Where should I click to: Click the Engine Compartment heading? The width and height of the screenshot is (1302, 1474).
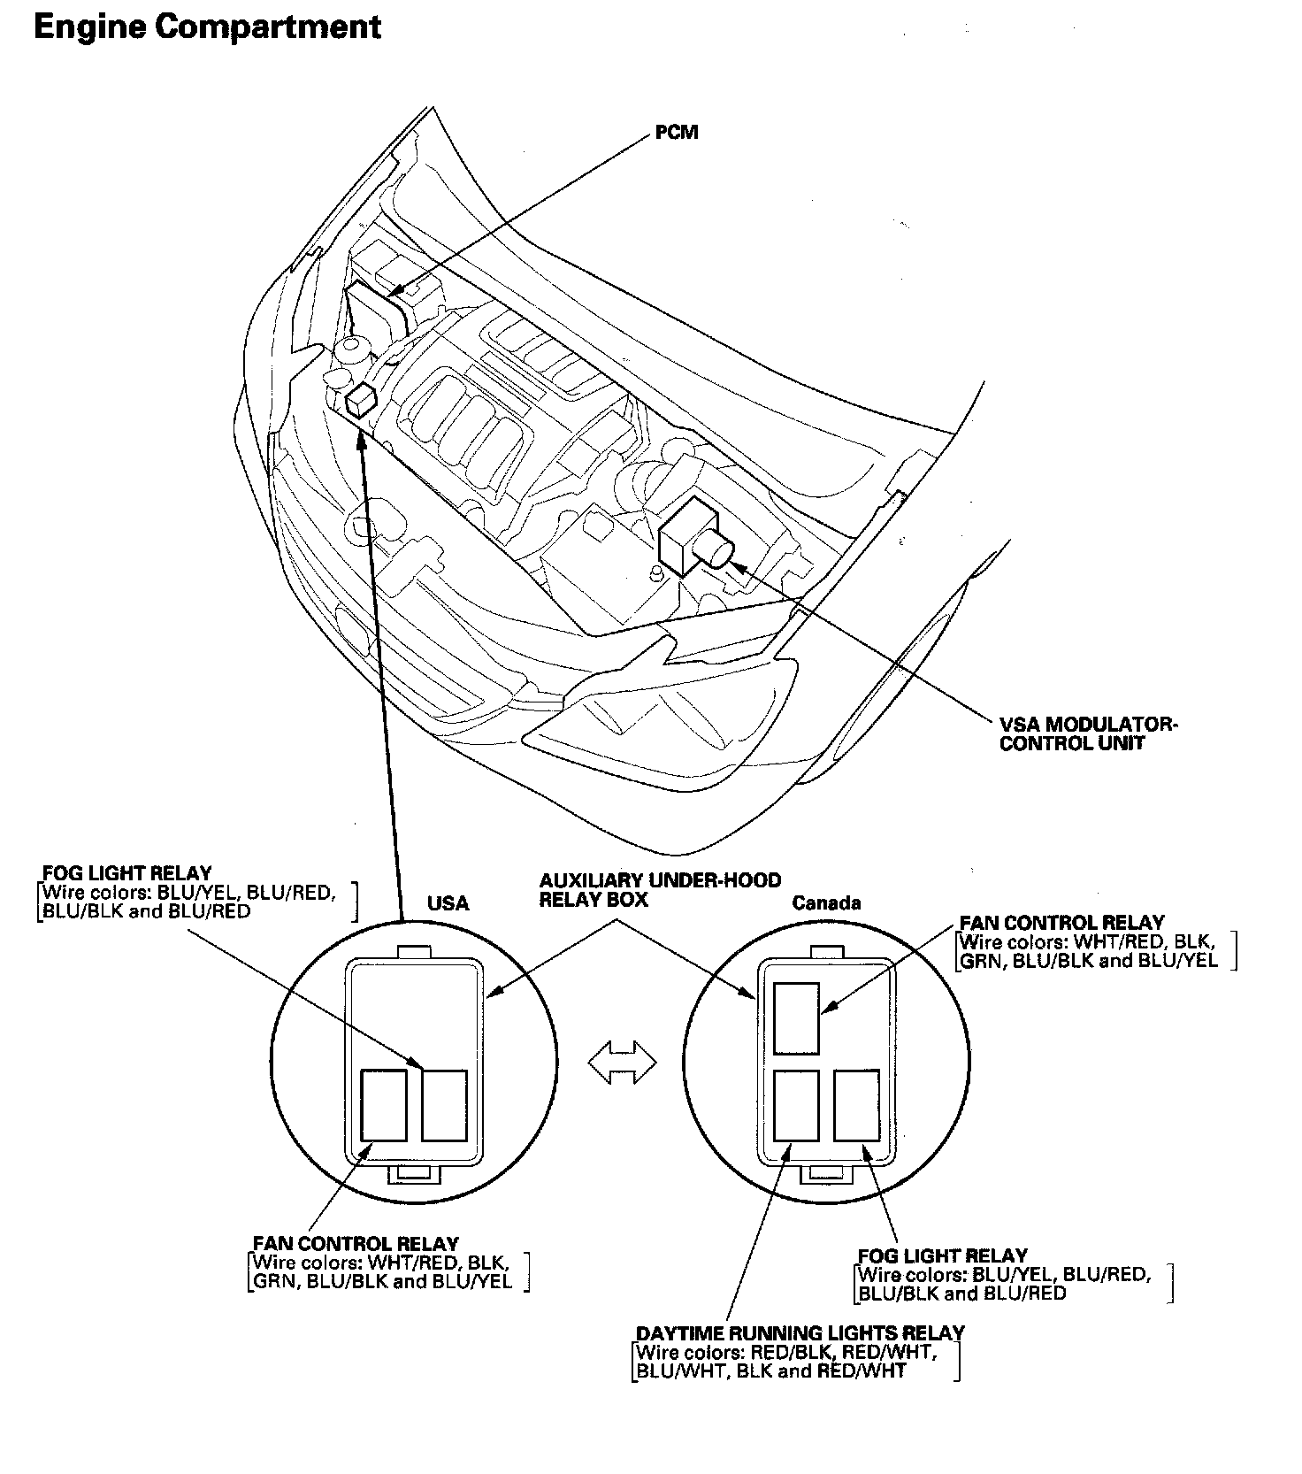[x=207, y=27]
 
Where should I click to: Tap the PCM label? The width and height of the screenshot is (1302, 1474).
[x=677, y=133]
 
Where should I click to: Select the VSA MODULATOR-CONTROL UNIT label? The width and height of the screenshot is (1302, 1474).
[x=1087, y=733]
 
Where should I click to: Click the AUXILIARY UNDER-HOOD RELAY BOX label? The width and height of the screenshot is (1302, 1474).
[x=660, y=889]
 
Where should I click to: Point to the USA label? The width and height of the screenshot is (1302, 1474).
[x=448, y=903]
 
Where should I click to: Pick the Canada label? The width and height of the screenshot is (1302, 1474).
[x=825, y=902]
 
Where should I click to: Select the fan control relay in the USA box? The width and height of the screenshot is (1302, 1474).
[x=385, y=1105]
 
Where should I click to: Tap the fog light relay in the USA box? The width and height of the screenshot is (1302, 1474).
[x=444, y=1105]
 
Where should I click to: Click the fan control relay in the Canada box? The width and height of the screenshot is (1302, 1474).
[x=796, y=1017]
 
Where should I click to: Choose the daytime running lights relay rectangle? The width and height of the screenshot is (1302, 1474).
[x=796, y=1106]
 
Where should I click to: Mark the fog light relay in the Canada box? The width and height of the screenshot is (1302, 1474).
[x=856, y=1106]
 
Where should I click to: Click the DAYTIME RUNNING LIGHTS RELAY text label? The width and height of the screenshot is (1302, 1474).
[x=800, y=1332]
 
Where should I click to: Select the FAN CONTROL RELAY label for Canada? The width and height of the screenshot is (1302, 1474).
[x=1061, y=923]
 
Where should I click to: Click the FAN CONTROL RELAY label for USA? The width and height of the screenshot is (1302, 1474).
[x=356, y=1244]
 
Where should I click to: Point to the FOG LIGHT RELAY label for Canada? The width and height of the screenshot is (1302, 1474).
[x=942, y=1255]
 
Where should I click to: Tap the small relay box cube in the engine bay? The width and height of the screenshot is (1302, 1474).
[x=363, y=400]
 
